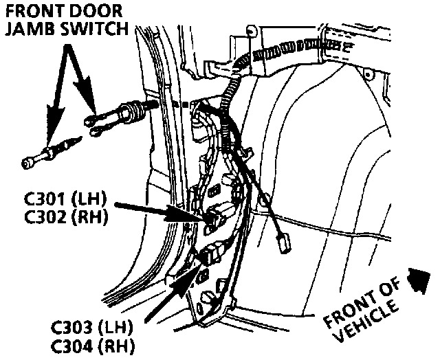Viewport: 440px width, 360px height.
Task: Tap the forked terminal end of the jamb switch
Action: tap(93, 122)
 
